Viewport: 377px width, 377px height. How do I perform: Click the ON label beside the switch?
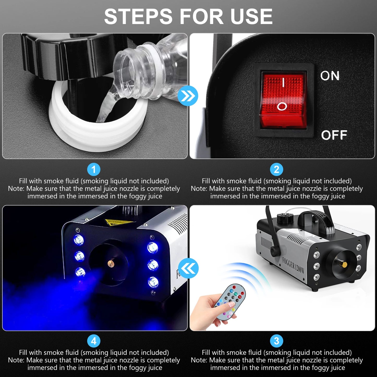[x=330, y=76]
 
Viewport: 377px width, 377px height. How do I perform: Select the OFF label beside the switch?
[x=334, y=135]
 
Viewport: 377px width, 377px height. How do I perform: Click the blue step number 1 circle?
[x=94, y=170]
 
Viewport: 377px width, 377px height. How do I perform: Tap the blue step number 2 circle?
[x=277, y=170]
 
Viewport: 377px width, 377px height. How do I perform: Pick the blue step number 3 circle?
[x=277, y=341]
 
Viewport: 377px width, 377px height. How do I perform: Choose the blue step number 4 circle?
[x=94, y=341]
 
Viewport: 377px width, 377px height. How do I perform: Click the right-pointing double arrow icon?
[x=188, y=96]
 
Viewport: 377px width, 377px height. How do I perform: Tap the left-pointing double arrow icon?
[x=188, y=268]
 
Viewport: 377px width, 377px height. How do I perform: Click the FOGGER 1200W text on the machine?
[x=293, y=265]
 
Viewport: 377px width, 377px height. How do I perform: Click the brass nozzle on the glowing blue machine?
[x=111, y=263]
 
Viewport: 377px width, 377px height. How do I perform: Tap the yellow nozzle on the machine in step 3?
[x=344, y=265]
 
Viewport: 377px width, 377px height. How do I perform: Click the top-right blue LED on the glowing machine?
[x=152, y=247]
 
